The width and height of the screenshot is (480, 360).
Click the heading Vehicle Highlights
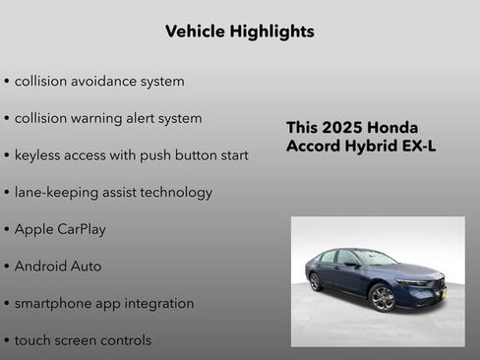[x=239, y=31]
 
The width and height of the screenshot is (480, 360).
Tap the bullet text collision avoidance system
[x=99, y=81]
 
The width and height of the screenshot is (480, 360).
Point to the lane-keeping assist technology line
[x=113, y=192]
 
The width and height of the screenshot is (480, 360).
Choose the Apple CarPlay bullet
[x=60, y=229]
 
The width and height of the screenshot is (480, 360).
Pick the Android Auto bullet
[x=58, y=266]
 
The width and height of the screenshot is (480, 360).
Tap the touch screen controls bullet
[x=83, y=340]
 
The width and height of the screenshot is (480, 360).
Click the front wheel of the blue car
[x=383, y=297]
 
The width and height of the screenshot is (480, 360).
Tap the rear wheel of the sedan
[x=316, y=282]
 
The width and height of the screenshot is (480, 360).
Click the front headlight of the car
[x=414, y=283]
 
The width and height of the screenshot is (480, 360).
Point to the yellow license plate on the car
[x=442, y=291]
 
